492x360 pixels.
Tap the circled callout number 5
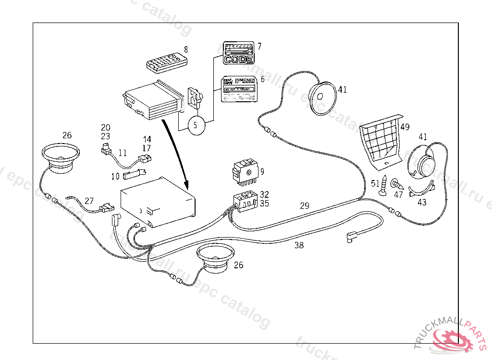196,126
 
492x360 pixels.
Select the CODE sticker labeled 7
238,53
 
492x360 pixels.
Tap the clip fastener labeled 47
396,184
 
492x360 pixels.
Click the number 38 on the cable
299,245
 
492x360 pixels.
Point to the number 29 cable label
305,206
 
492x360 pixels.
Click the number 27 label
89,201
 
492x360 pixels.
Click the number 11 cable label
123,153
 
